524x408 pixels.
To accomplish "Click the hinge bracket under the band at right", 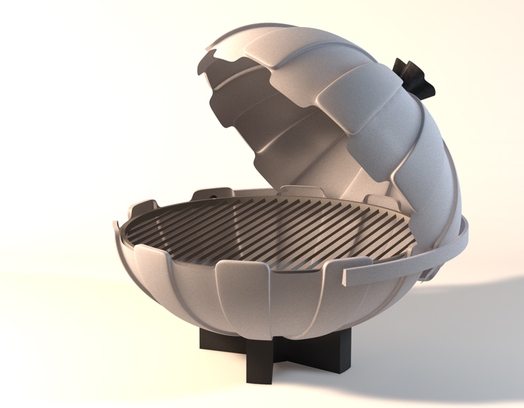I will click(x=428, y=273).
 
